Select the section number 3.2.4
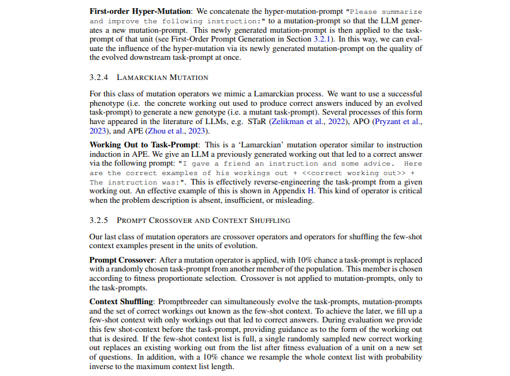click(99, 77)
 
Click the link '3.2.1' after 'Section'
click(321, 39)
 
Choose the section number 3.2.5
click(99, 220)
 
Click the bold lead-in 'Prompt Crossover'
click(122, 259)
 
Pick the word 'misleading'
click(293, 201)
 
